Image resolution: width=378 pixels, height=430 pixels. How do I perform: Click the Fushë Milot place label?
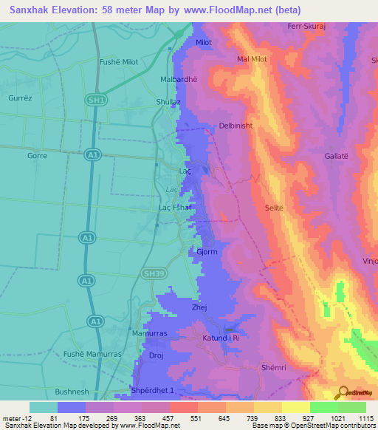tap(119, 62)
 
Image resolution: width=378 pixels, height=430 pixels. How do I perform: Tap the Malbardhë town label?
tap(179, 78)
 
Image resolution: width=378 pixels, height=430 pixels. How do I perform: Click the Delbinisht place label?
tap(236, 126)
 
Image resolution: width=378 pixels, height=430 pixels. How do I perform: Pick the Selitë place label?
tap(274, 209)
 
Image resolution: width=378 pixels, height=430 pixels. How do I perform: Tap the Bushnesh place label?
tap(72, 392)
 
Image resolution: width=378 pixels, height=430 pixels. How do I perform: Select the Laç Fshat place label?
tap(176, 208)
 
